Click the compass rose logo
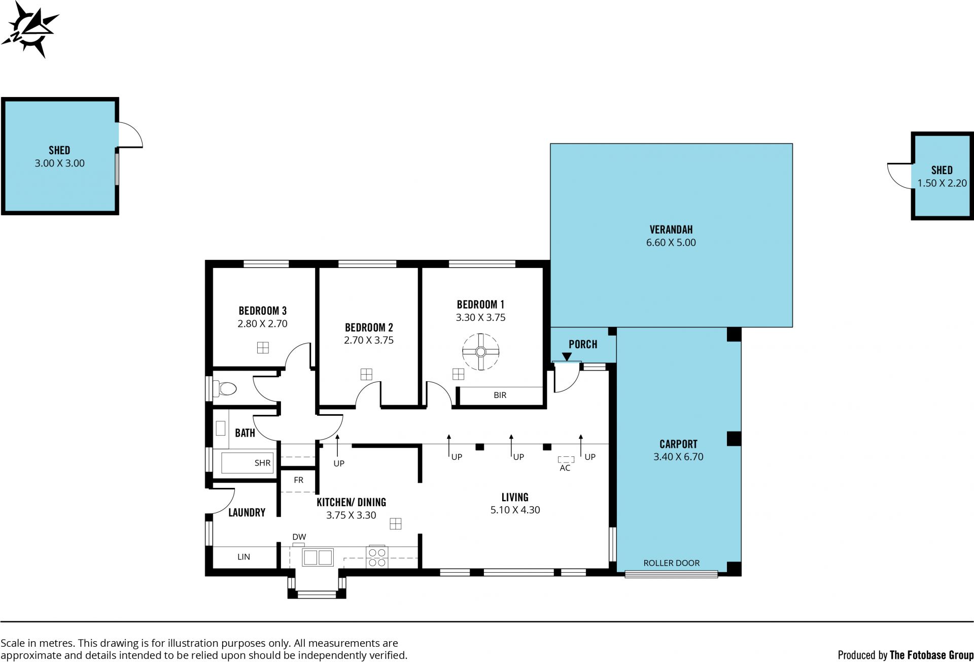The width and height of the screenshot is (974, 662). click(30, 29)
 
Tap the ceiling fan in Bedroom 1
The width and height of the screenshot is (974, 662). click(481, 352)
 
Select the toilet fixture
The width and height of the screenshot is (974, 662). click(225, 389)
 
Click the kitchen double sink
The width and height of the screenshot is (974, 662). click(318, 557)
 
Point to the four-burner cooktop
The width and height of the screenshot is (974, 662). click(377, 557)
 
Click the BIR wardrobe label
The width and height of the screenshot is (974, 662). click(500, 395)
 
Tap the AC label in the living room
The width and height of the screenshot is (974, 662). click(565, 468)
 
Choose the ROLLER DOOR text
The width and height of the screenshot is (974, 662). click(671, 563)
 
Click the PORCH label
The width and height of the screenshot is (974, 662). click(583, 344)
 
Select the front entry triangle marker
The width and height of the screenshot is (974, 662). click(567, 357)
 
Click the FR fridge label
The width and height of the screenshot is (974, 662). click(298, 480)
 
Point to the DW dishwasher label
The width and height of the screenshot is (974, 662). click(299, 537)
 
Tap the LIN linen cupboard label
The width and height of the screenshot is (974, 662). click(243, 557)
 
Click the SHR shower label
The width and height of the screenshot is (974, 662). click(262, 463)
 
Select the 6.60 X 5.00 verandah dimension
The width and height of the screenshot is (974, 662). click(671, 243)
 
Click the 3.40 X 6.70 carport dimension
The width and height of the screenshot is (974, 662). click(678, 457)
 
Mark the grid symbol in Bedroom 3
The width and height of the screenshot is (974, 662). click(263, 348)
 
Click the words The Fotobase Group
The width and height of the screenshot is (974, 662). click(931, 655)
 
